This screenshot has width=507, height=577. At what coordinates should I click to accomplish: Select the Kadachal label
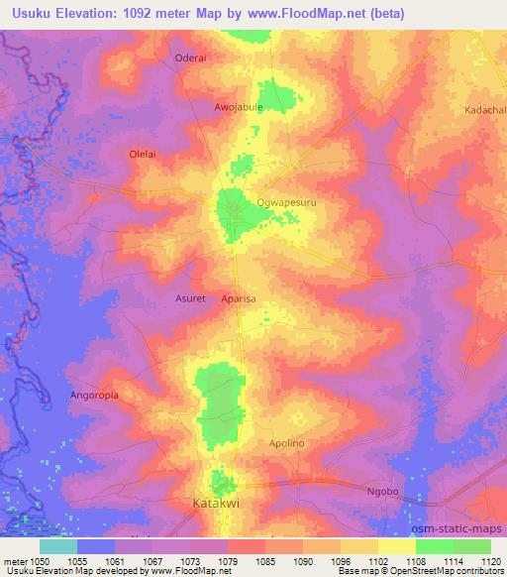tap(484, 110)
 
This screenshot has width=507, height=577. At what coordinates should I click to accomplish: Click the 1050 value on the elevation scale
tap(40, 560)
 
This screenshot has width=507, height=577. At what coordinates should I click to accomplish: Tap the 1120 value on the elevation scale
tap(490, 560)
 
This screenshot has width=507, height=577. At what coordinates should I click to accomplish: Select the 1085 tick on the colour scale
tap(264, 560)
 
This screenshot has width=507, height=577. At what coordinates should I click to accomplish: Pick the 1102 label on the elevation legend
tap(377, 560)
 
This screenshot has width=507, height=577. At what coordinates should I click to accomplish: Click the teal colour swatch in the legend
tap(58, 545)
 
